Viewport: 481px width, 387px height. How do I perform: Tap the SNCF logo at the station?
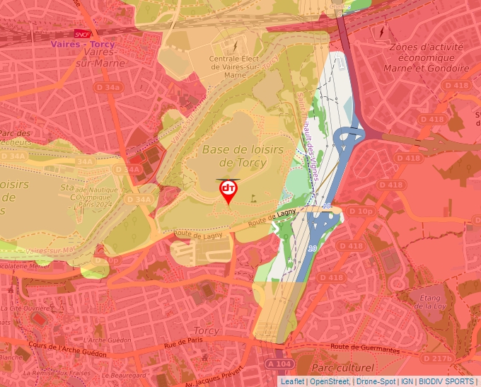tap(82, 33)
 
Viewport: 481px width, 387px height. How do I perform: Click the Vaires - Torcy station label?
tap(82, 45)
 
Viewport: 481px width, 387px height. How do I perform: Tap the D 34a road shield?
tap(108, 87)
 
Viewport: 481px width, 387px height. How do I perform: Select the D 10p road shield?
tap(360, 211)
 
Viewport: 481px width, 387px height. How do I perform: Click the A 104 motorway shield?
tap(280, 363)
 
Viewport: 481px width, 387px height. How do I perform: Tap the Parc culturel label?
tap(342, 368)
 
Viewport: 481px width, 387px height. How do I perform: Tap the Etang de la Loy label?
tap(429, 303)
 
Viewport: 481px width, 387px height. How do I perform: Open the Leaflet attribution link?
tap(292, 381)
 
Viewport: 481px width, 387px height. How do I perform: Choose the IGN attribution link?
tap(407, 381)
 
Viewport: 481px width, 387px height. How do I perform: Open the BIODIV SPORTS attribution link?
tap(446, 381)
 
